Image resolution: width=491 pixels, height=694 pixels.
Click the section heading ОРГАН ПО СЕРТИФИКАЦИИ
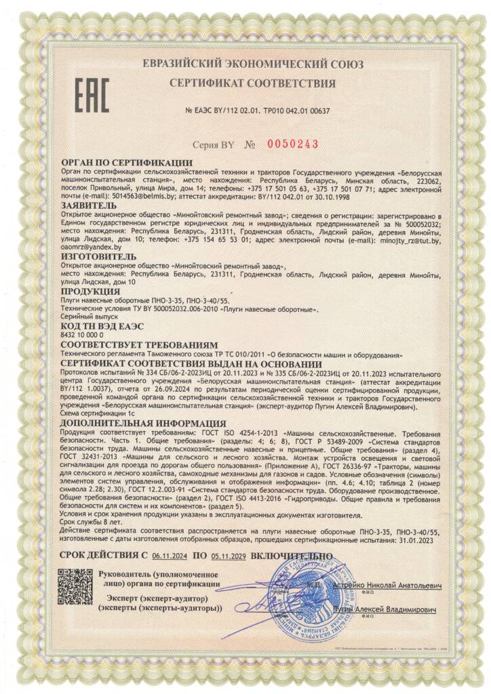tap(127, 163)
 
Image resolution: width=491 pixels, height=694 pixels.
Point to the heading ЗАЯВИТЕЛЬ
tap(88, 203)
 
